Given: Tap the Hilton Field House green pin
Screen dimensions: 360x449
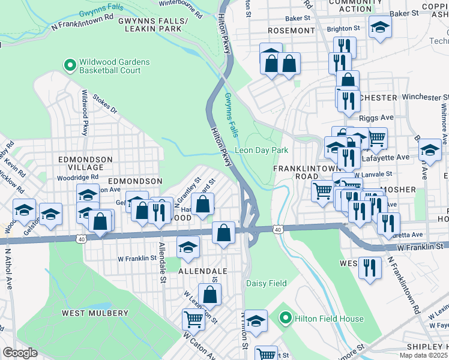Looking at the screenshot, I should [x=286, y=318].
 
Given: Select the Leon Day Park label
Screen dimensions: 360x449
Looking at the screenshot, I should [x=262, y=150].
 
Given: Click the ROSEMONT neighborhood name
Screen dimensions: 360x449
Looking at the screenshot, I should [x=291, y=31].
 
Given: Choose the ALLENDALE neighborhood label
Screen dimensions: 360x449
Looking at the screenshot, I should [x=202, y=271].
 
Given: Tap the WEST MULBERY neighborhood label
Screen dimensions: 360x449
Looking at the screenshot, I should [x=95, y=313].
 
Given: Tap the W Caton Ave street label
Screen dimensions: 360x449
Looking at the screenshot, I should [x=199, y=345].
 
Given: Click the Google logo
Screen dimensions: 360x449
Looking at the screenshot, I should [x=19, y=353].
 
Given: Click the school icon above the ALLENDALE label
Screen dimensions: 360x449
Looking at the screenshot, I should [x=188, y=247].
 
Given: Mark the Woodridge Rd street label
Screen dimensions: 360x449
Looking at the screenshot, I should [x=77, y=178].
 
